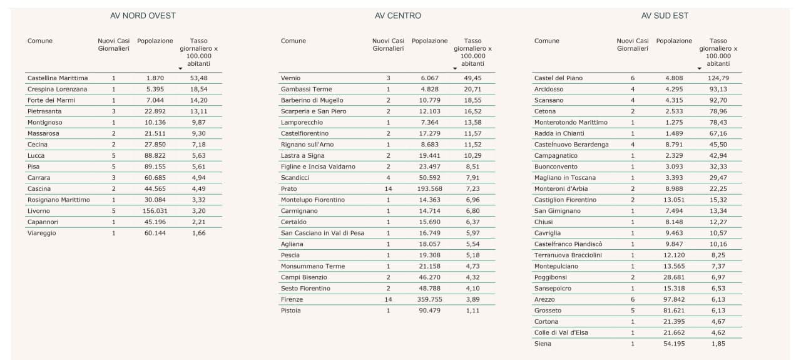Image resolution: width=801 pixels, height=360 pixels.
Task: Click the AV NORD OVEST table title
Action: pos(142,16)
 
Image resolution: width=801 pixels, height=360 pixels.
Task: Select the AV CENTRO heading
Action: pos(398,16)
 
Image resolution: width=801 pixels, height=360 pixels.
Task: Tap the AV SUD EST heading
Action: pos(665,16)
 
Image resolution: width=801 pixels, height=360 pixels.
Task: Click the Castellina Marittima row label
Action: pos(58,78)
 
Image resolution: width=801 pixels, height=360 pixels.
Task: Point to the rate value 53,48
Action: pos(198,78)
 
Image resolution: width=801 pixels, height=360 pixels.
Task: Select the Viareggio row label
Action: pos(41,233)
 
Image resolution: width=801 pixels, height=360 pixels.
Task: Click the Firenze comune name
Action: pos(292,299)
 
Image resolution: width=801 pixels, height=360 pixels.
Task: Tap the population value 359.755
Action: pos(429,299)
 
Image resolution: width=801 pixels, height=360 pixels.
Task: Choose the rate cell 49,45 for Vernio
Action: pos(473,78)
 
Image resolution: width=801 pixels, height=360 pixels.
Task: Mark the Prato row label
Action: pos(289,188)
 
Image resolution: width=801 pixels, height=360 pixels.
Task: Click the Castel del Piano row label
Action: pos(558,78)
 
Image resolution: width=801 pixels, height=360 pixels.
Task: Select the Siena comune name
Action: pos(543,344)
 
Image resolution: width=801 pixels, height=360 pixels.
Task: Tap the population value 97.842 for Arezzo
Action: pos(674,299)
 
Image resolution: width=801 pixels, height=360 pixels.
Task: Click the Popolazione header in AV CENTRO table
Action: pos(429,41)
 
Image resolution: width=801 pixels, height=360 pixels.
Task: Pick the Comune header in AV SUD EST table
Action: pos(547,41)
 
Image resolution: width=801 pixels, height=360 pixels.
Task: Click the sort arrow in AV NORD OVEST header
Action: pos(180,68)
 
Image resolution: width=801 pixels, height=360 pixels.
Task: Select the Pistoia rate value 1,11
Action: pos(473,311)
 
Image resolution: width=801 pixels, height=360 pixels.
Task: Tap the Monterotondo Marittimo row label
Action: pos(571,123)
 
